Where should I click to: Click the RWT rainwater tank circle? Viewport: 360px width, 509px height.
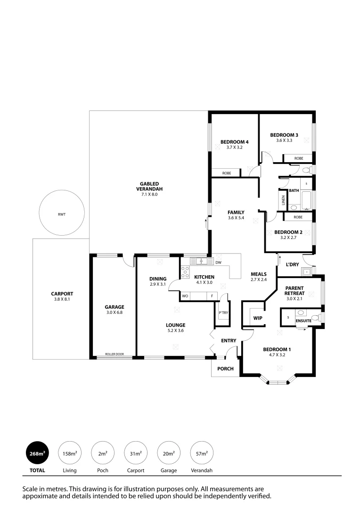tap(62, 214)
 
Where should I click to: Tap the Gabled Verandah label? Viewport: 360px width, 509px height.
tap(148, 186)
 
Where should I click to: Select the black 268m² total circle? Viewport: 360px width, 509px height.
tap(38, 453)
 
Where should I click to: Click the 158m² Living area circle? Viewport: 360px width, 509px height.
tap(70, 453)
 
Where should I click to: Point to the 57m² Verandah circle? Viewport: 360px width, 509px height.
tap(201, 453)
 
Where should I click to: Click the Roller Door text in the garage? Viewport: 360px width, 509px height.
tap(115, 353)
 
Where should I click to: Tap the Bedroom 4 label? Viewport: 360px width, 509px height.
tap(234, 142)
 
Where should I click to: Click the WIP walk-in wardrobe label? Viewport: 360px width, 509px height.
tap(257, 318)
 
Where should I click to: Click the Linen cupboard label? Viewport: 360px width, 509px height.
tap(283, 201)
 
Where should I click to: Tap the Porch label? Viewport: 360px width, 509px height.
tap(225, 369)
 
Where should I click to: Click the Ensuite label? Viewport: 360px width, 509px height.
tap(303, 320)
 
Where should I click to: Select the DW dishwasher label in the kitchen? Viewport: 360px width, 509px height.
tap(218, 262)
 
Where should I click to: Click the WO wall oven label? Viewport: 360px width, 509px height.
tap(186, 296)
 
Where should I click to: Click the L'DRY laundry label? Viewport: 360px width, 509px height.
tap(293, 264)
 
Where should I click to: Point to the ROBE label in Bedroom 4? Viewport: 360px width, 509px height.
tap(227, 173)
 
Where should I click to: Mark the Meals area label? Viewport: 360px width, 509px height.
tap(259, 274)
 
